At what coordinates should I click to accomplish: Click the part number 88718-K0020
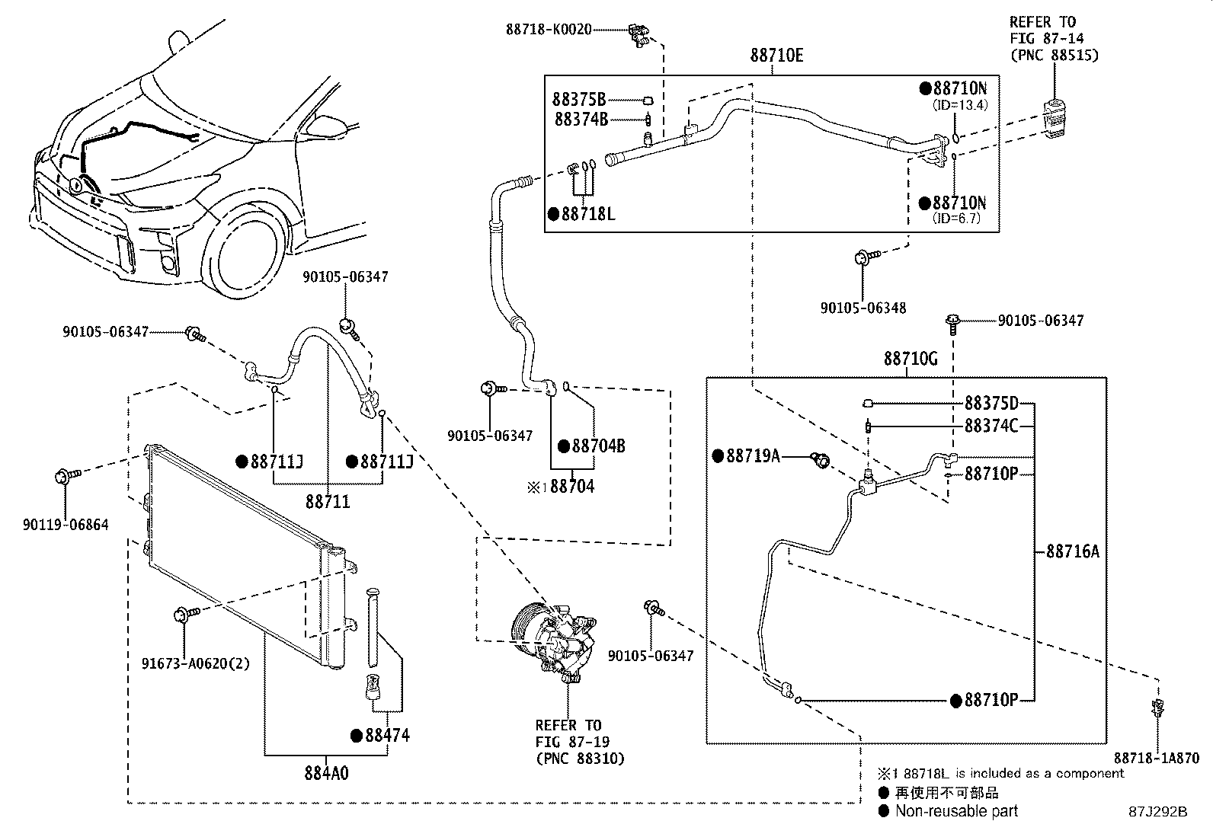point(549,30)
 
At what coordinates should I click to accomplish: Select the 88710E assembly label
point(776,56)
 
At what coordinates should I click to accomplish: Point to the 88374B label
point(581,119)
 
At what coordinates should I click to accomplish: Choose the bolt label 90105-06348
point(863,308)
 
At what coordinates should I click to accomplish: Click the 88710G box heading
point(911,358)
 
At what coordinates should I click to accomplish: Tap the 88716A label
point(1072,551)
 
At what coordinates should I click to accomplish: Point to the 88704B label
point(598,446)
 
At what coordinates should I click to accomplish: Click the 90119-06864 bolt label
point(66,525)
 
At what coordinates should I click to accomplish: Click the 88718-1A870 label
point(1156,759)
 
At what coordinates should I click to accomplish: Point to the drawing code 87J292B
point(1158,812)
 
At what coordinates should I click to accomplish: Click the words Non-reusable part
point(956,811)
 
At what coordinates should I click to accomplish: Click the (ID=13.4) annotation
point(960,105)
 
